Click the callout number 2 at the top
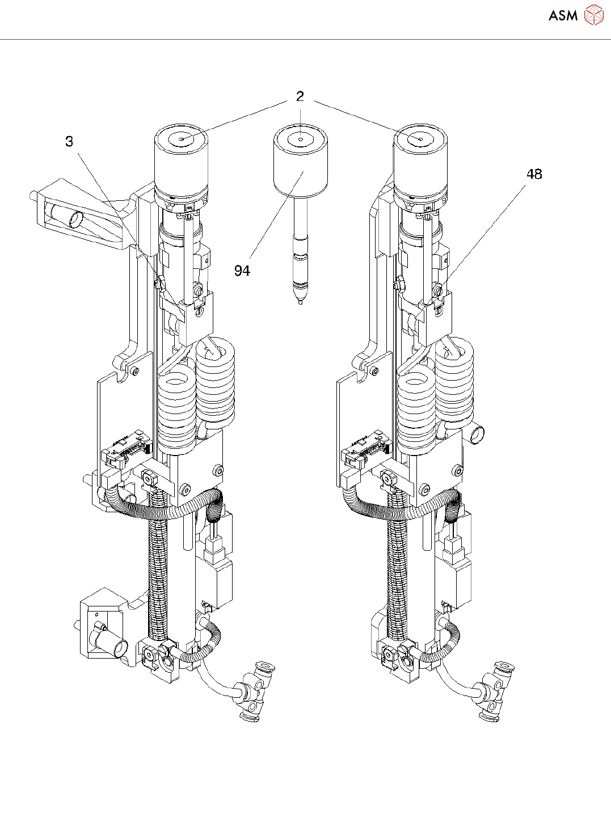(300, 96)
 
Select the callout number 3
(69, 141)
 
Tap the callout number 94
(242, 271)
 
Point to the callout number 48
(534, 174)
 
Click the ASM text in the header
(563, 15)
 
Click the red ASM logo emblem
(594, 15)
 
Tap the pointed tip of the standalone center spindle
(300, 303)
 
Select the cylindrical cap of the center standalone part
(301, 163)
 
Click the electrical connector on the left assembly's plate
(127, 448)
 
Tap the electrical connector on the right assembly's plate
(366, 448)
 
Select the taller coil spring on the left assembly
(215, 383)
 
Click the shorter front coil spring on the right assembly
(416, 414)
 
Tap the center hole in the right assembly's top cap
(420, 140)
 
